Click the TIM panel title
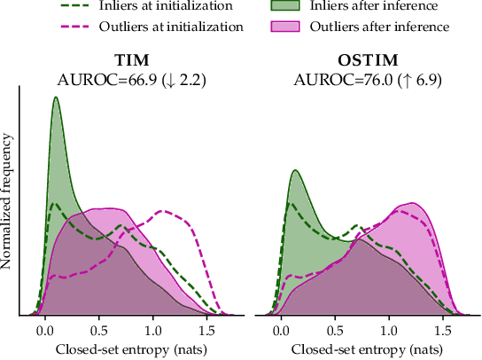(x=132, y=60)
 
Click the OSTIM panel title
(x=367, y=60)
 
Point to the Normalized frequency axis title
(x=8, y=202)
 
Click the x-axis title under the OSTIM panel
(x=361, y=349)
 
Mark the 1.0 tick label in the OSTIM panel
(x=392, y=330)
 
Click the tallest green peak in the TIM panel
(x=56, y=99)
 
